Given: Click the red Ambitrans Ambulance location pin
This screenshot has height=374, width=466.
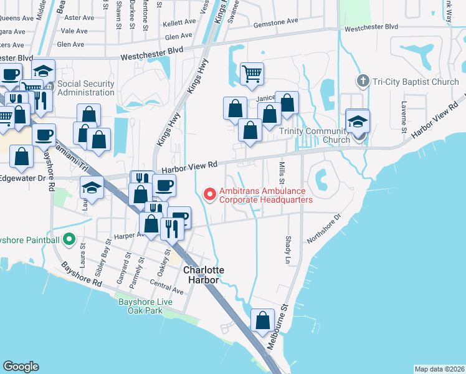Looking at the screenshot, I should (211, 194).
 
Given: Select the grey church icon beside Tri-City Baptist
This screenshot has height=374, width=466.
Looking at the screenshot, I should (363, 82).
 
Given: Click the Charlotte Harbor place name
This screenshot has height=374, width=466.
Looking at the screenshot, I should (203, 275).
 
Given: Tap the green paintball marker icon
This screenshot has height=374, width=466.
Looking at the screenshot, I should (69, 239).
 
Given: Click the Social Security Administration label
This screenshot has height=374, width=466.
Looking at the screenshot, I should (86, 88).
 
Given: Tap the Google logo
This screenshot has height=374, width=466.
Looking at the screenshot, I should (21, 367).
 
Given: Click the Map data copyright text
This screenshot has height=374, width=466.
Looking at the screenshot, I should (439, 369).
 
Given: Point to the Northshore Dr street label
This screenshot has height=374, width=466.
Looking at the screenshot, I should (325, 230).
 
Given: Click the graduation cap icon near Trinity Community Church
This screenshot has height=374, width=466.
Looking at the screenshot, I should (358, 121).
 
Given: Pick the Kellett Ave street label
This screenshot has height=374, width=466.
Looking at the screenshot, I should (179, 23).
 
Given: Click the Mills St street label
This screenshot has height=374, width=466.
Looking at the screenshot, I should (282, 170).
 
